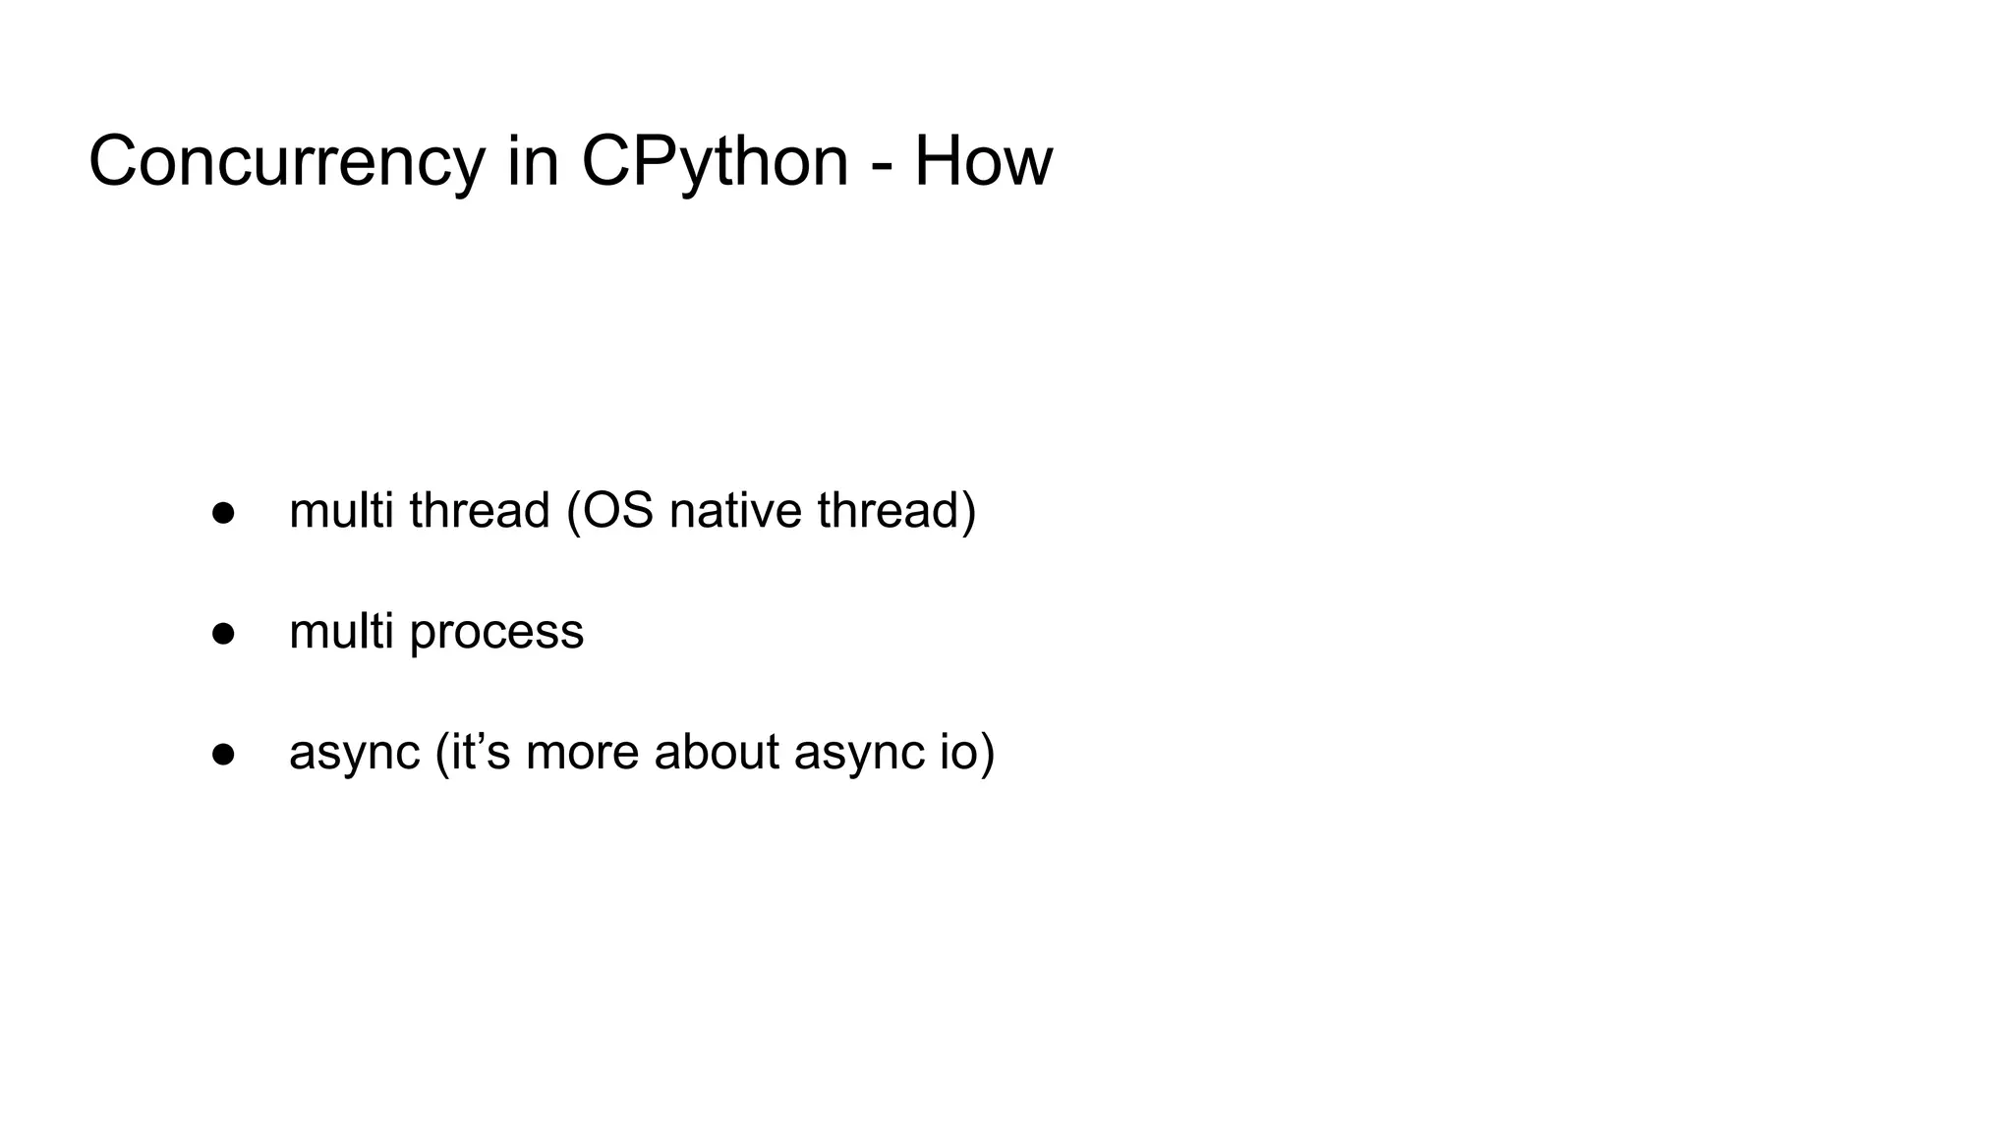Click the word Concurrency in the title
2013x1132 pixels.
click(x=286, y=162)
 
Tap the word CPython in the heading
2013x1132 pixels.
click(x=715, y=162)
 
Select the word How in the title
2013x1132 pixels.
click(x=983, y=162)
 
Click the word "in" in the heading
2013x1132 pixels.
click(x=533, y=162)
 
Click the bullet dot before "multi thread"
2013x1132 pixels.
click(x=224, y=514)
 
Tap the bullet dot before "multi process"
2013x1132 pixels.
click(x=224, y=634)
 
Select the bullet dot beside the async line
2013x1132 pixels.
click(x=224, y=754)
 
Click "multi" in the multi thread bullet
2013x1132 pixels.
click(x=341, y=511)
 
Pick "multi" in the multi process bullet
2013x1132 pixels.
click(x=341, y=631)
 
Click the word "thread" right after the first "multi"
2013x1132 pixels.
click(x=479, y=511)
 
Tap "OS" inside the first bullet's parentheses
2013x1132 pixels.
click(x=609, y=511)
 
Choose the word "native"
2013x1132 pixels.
click(x=735, y=511)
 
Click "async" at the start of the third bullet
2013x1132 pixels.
click(x=355, y=753)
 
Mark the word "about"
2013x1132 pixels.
click(x=717, y=751)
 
